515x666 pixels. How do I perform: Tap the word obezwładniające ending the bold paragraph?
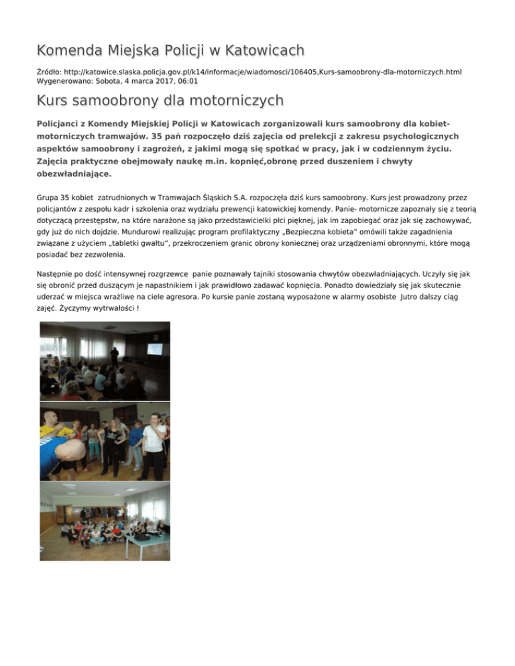[73, 173]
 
